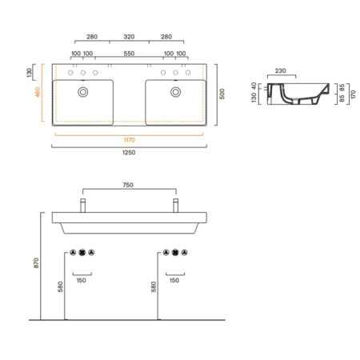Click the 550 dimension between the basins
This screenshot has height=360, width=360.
point(129,53)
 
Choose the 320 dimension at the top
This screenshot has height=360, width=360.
point(129,37)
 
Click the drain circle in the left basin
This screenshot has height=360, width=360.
point(82,92)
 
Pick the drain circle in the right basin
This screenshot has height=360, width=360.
point(175,92)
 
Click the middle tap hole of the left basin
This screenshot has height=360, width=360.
point(82,73)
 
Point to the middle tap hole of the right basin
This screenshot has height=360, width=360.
point(175,73)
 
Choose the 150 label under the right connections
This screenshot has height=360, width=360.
point(175,281)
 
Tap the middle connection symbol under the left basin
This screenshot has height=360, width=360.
point(82,253)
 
